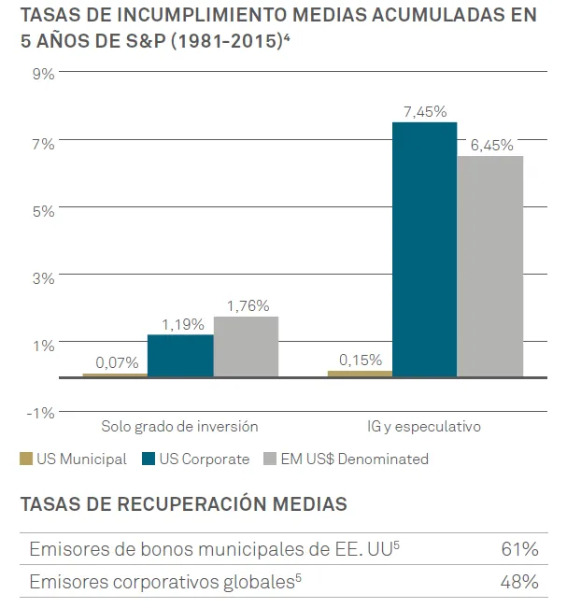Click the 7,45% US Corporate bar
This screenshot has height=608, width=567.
point(424,249)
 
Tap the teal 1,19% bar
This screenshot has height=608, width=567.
point(180,355)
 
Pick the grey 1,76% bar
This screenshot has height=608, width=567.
point(246,346)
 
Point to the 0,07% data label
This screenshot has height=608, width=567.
point(117,362)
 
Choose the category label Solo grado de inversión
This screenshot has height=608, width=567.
point(179,427)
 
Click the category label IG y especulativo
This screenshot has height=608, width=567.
point(424,427)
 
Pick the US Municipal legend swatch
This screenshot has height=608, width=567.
point(26,459)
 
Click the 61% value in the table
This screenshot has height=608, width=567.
point(519,548)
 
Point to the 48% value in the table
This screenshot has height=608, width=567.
point(519,582)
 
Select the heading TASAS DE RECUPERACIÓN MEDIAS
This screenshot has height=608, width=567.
point(183,504)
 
